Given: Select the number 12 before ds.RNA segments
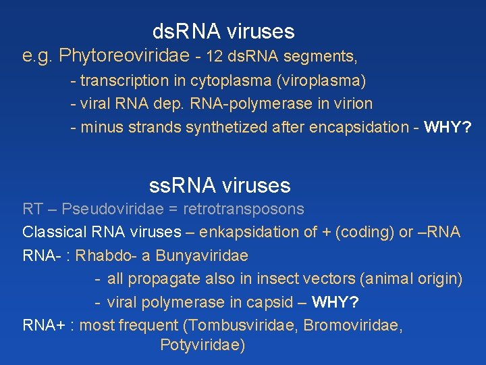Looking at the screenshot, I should point(214,56).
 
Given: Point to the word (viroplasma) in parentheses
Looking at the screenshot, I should point(321,81).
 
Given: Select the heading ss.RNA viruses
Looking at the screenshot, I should point(219,185).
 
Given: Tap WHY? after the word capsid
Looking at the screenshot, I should point(341,301).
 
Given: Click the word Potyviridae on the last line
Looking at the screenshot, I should point(202,345).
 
